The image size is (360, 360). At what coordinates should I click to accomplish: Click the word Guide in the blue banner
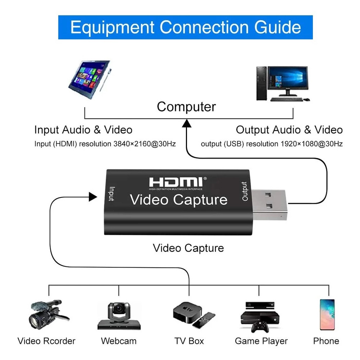tap(277, 28)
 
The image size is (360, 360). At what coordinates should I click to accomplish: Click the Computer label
tap(186, 107)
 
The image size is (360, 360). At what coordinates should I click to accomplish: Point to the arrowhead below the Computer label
tap(187, 123)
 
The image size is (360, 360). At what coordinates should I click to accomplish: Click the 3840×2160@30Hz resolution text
tap(145, 144)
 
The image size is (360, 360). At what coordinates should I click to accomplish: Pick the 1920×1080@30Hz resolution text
tap(311, 144)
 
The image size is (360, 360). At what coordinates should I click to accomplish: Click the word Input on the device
tap(111, 194)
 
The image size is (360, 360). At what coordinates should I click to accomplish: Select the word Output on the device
tap(245, 191)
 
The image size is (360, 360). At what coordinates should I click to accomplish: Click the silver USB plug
tap(269, 205)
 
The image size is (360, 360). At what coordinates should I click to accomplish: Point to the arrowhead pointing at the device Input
tap(93, 197)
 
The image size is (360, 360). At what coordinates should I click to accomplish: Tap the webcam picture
tap(119, 316)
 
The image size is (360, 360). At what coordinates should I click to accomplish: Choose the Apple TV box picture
tap(194, 315)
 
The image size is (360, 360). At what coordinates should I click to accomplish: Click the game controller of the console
tap(260, 327)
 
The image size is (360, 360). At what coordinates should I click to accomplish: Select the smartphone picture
tap(327, 315)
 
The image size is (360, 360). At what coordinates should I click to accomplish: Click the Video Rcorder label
tap(46, 341)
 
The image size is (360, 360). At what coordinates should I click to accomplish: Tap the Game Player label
tap(261, 341)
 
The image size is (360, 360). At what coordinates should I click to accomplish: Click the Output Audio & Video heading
tap(289, 130)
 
